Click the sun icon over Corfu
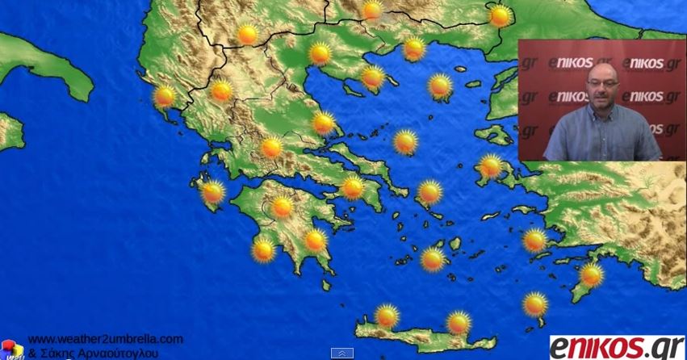164,97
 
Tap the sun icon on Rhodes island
592,275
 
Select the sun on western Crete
387,316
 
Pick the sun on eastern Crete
459,322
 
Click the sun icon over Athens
352,188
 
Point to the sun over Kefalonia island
212,192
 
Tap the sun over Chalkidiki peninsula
372,77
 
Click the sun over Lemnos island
440,86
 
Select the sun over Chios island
490,166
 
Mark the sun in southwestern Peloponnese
263,249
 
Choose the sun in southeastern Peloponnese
315,240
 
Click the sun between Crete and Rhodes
534,304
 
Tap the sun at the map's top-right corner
500,15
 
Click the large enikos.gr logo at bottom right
617,347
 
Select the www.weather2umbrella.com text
105,339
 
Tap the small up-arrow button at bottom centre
342,353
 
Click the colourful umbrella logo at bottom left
11,349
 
